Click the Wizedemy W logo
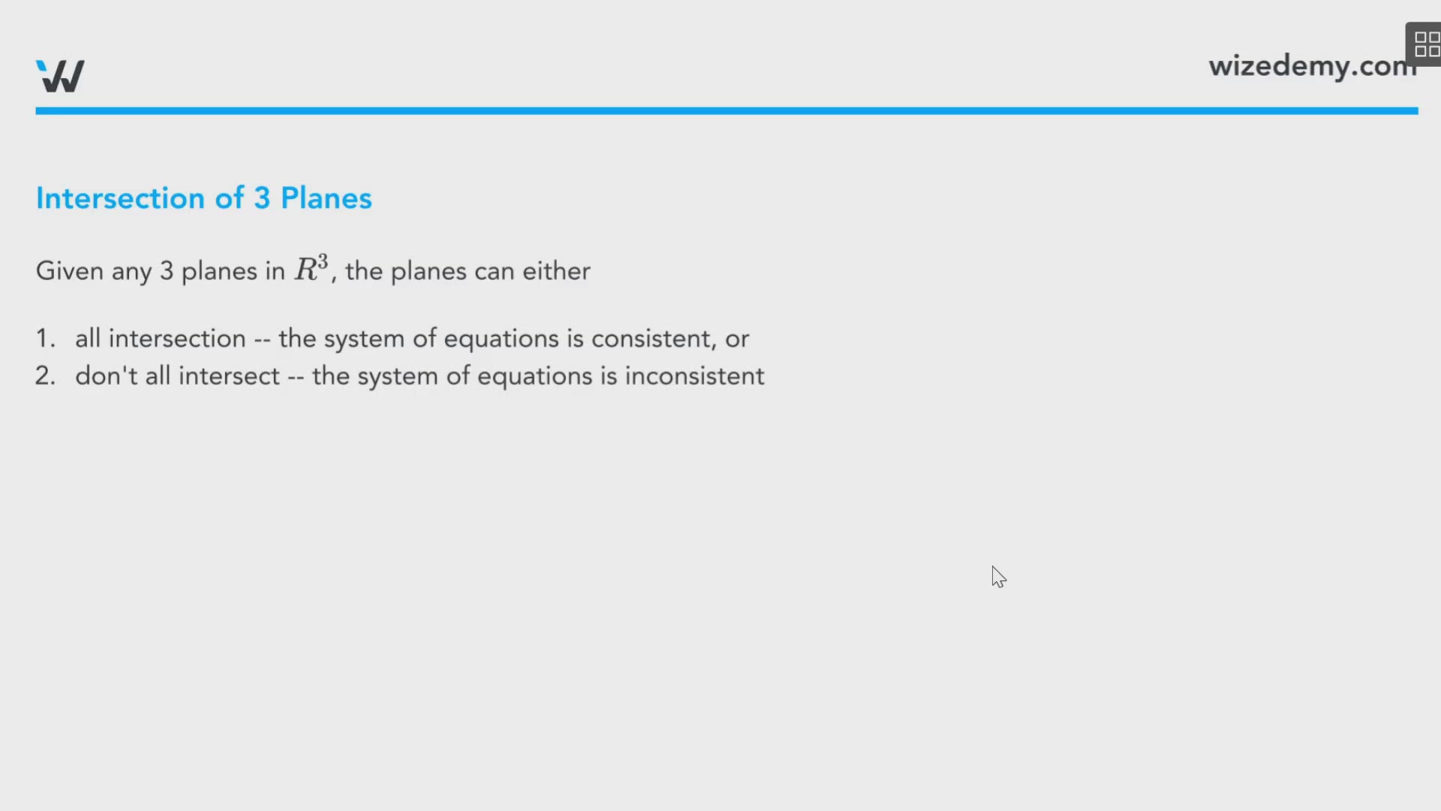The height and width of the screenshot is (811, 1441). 60,76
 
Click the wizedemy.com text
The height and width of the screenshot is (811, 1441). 1312,66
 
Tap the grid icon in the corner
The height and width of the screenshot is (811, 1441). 1426,44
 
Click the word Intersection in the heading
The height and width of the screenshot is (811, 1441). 120,198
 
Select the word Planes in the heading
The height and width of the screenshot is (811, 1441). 326,198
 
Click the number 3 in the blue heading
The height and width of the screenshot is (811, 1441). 262,198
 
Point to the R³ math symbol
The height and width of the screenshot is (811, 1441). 311,268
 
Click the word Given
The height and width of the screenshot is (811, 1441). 70,271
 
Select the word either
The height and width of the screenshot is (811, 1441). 556,271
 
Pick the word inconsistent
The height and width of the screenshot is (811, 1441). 694,376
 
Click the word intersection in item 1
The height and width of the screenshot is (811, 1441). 177,339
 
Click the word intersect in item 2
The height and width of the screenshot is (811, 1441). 229,376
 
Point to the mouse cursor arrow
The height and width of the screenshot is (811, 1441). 997,576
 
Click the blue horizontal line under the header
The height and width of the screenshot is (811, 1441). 727,111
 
